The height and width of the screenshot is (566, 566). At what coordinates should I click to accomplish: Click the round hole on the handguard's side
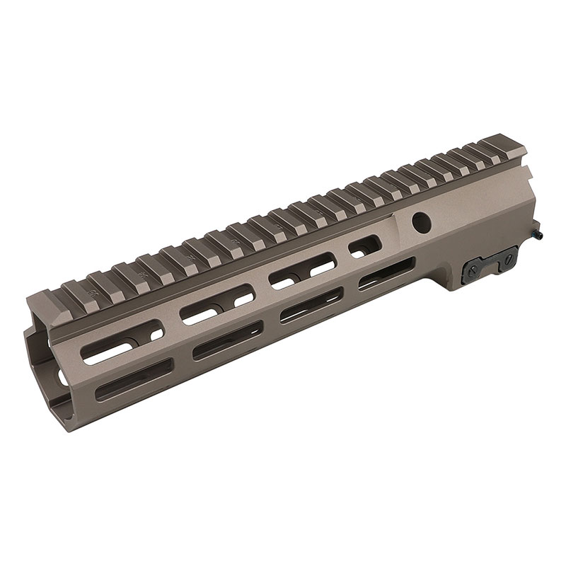[x=422, y=221]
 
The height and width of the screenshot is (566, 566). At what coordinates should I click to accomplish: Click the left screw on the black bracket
[x=473, y=268]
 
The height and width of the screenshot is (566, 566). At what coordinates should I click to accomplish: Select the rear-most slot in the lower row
[x=386, y=277]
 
